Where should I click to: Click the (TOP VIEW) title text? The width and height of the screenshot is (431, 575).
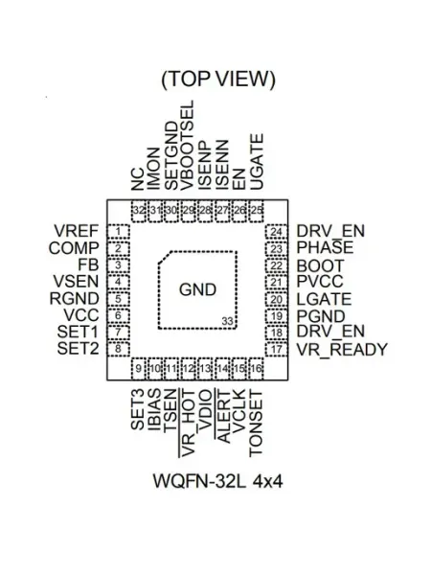point(218,79)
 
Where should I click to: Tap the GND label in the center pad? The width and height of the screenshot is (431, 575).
point(197,289)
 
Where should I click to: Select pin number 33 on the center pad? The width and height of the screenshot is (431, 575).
point(228,321)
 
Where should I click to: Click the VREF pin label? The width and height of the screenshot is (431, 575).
point(77,231)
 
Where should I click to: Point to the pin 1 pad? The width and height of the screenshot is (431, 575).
point(118,232)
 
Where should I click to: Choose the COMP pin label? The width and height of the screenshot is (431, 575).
point(74,248)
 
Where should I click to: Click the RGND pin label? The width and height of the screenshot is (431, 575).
point(75,298)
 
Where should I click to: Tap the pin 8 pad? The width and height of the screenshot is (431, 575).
point(118,349)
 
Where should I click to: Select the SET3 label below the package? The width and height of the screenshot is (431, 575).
point(137,409)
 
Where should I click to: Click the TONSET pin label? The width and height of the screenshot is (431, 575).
point(256,424)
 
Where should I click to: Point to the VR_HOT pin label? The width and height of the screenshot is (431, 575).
point(187,424)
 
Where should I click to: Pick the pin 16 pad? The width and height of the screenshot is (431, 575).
point(256,369)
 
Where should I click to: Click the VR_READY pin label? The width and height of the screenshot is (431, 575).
point(342,350)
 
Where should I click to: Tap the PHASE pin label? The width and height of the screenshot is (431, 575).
point(325,248)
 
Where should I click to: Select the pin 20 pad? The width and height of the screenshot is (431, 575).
point(276,299)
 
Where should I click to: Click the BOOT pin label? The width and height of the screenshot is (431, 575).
point(320,265)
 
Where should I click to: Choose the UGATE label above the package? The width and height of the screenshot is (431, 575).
point(257,162)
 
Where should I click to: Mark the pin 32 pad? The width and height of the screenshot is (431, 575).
point(138,211)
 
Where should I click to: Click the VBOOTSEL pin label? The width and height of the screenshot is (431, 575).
point(187,146)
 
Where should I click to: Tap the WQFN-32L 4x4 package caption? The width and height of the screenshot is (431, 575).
point(217,481)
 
